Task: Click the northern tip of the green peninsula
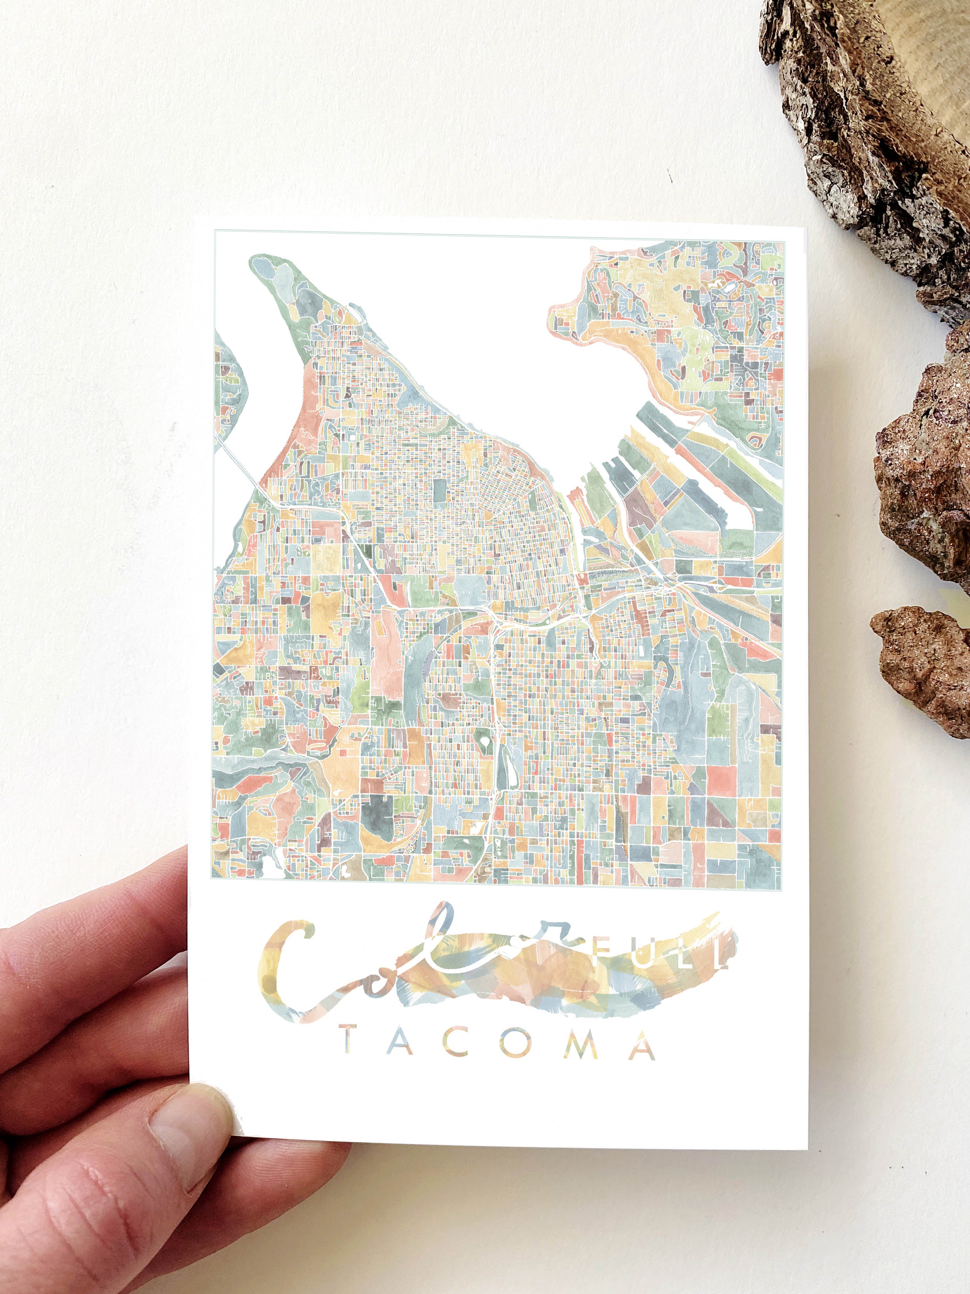tap(263, 266)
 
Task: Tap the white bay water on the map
tap(468, 339)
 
